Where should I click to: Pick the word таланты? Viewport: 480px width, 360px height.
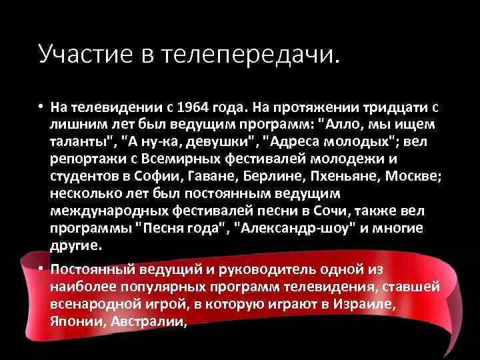pyautogui.click(x=81, y=143)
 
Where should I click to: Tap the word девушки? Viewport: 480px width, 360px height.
pyautogui.click(x=222, y=143)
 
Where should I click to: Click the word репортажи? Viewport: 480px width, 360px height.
pyautogui.click(x=85, y=160)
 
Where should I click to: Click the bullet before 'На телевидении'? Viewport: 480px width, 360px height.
pyautogui.click(x=41, y=108)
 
